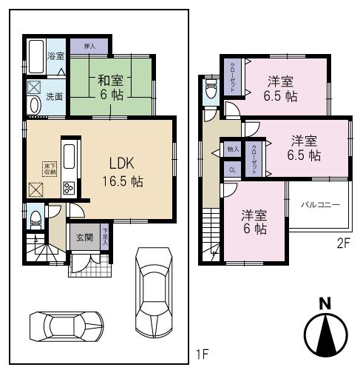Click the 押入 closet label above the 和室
click(x=89, y=45)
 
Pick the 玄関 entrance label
click(x=84, y=238)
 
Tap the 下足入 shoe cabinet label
click(x=106, y=235)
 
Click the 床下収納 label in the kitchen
click(x=49, y=169)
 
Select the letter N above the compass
click(x=323, y=303)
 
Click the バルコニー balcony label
click(x=319, y=205)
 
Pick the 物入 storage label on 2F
click(x=232, y=149)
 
